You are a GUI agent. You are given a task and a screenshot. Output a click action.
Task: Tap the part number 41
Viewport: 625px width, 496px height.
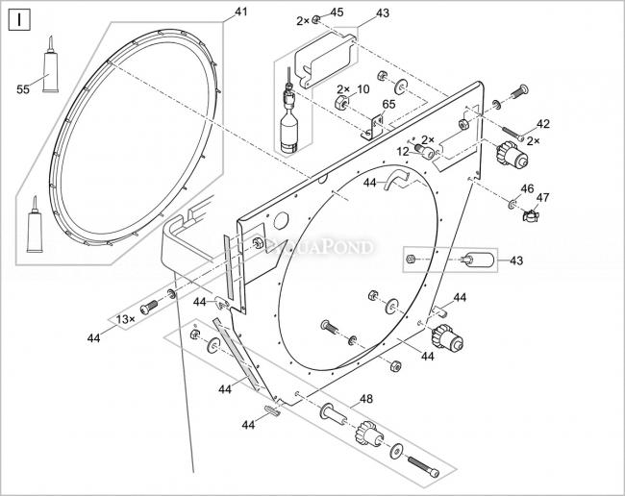(x=240, y=12)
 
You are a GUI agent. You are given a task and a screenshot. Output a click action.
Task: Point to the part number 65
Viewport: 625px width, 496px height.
(x=389, y=104)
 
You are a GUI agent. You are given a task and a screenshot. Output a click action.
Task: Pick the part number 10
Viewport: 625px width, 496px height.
(x=362, y=89)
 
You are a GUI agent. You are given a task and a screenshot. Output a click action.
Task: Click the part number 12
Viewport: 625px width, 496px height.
(x=404, y=151)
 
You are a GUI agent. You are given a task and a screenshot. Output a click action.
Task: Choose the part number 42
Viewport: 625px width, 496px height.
(x=543, y=124)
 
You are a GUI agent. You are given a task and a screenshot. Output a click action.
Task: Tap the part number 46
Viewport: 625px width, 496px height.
(x=526, y=188)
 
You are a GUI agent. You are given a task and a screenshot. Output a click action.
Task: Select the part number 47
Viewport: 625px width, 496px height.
(x=543, y=198)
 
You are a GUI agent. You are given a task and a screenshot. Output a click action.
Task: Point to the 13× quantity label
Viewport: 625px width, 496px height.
(x=125, y=318)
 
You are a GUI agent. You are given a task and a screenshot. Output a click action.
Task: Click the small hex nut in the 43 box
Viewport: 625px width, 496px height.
(x=412, y=260)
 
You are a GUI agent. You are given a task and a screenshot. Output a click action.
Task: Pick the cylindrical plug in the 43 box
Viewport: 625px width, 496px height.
(x=478, y=260)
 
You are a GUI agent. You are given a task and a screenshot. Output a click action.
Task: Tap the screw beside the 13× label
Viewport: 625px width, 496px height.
(x=148, y=308)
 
